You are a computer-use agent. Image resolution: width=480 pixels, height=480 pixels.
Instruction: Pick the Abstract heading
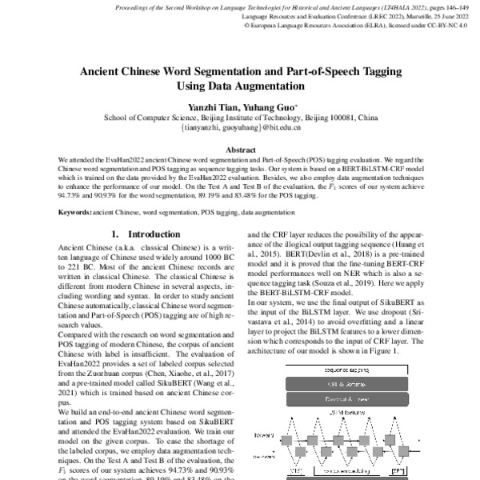point(241,150)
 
